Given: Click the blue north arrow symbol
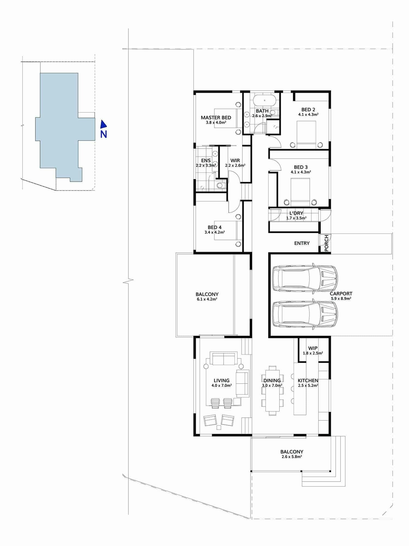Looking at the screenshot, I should click(x=103, y=124).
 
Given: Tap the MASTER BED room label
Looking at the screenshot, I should click(x=216, y=118).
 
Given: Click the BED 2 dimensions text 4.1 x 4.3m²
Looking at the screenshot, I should click(x=308, y=115).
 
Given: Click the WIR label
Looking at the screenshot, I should click(x=235, y=161).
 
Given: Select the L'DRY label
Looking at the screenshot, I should click(x=296, y=213).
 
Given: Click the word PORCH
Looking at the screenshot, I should click(x=326, y=243).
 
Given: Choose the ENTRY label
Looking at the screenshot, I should click(x=302, y=243).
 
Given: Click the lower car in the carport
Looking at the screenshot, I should click(x=305, y=314).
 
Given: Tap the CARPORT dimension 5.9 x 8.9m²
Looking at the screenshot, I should click(x=341, y=299).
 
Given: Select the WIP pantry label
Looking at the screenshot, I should click(x=313, y=348).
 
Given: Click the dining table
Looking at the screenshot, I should click(x=272, y=390).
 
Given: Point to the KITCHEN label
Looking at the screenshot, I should click(x=308, y=381).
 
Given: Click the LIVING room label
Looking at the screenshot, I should click(x=221, y=381).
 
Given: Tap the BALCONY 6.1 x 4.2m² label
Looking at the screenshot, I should click(x=207, y=294).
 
